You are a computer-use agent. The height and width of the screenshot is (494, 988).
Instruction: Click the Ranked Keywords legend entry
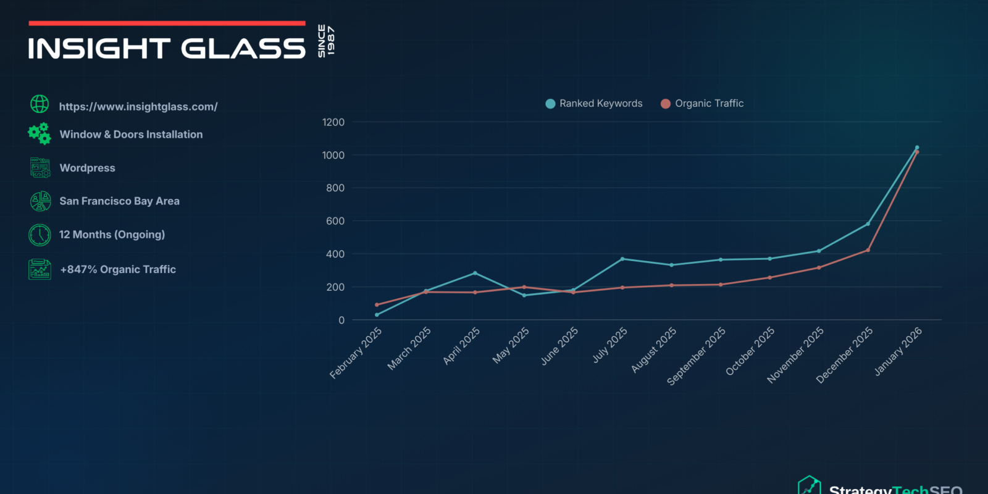594,104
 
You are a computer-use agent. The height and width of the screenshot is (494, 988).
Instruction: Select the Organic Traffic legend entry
702,104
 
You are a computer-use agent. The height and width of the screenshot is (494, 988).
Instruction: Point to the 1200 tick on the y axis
333,122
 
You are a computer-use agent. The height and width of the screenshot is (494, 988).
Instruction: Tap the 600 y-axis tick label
335,221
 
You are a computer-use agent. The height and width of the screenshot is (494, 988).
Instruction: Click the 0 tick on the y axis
341,320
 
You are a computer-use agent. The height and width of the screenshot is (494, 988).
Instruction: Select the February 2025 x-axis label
356,353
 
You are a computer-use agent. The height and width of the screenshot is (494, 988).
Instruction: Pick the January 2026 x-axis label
898,351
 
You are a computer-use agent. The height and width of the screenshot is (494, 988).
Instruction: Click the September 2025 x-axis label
697,356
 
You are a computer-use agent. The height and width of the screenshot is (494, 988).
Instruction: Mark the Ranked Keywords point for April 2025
475,273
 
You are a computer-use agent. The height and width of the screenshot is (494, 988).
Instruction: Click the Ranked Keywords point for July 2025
622,259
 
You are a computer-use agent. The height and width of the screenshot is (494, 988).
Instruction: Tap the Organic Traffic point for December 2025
868,250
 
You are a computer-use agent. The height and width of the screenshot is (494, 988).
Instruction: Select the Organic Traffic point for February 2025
377,304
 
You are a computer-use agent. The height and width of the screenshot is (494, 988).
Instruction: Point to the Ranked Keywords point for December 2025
868,224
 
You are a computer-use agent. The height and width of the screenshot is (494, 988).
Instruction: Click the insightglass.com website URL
138,107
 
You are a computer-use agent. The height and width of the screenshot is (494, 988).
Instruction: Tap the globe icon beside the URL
40,104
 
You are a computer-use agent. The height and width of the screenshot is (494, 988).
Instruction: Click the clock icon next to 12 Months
40,235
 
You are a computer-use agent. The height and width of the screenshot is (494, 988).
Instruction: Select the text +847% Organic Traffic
118,269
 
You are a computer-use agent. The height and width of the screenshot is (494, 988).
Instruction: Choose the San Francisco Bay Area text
119,201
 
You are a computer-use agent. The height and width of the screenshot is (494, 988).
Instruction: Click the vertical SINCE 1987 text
326,41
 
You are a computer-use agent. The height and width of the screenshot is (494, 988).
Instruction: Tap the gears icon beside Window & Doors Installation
40,133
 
